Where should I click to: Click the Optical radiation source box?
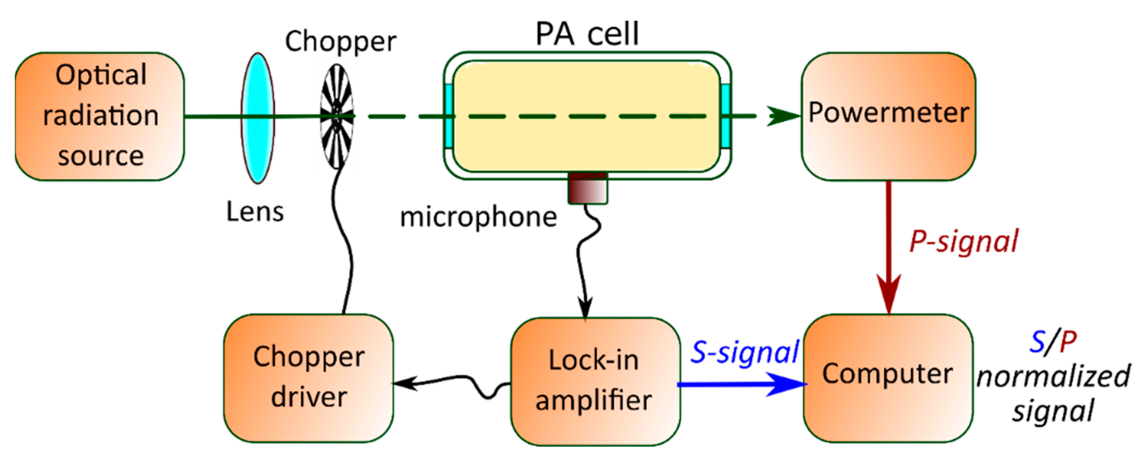pos(100,116)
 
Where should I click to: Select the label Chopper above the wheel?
pos(341,42)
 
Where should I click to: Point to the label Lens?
pos(255,212)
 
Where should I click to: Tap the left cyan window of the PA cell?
pos(449,116)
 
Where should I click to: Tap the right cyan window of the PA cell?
pos(725,116)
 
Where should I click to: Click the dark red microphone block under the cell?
pos(587,188)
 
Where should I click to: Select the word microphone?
pos(479,217)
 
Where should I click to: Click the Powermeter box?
pos(889,116)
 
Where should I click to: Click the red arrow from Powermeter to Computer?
pos(889,248)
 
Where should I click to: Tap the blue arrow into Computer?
pos(743,384)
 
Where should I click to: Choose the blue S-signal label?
pos(745,352)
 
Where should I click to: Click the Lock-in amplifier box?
pos(595,380)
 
